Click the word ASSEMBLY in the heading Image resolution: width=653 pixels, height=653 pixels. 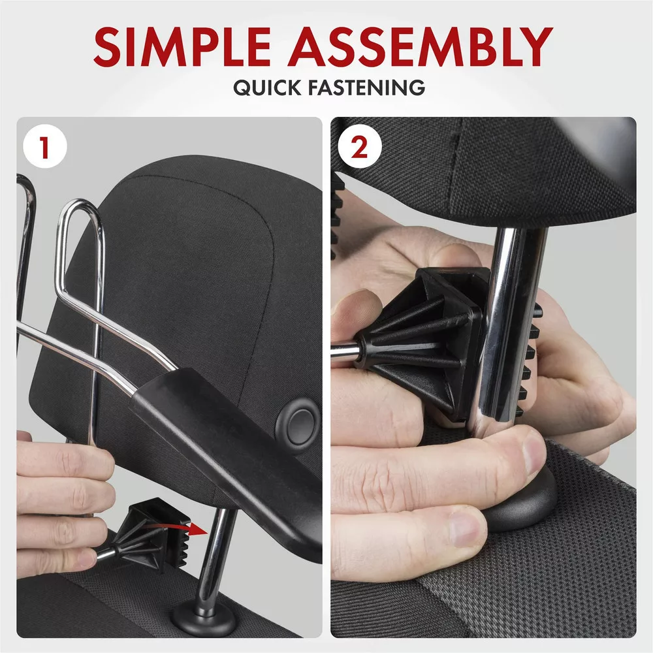pyautogui.click(x=420, y=46)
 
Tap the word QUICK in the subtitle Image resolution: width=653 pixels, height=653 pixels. pyautogui.click(x=267, y=88)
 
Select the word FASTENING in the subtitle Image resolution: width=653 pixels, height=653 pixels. pyautogui.click(x=367, y=88)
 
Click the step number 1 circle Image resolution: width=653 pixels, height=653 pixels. pyautogui.click(x=45, y=146)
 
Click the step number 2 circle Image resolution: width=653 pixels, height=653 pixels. pyautogui.click(x=359, y=146)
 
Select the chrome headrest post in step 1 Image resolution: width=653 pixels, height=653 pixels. pyautogui.click(x=214, y=558)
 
